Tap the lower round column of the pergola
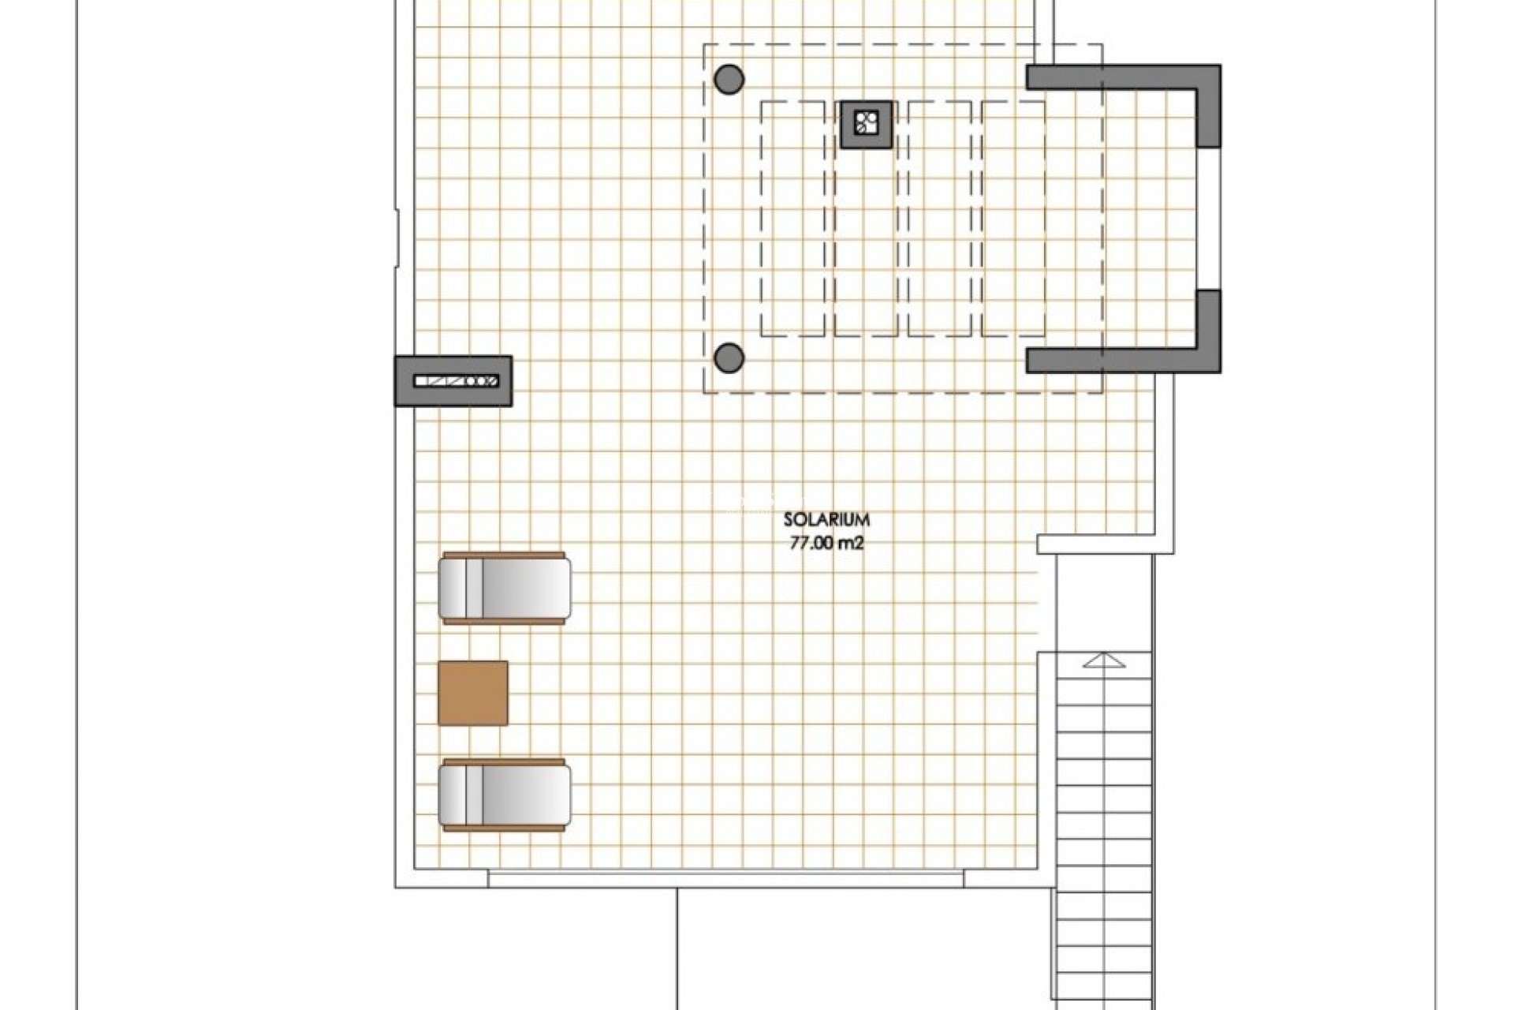click(729, 358)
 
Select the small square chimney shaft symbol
click(867, 124)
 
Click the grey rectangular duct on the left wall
click(453, 381)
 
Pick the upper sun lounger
click(505, 589)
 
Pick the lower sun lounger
click(505, 795)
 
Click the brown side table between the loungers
click(473, 692)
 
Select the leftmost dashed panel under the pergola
click(792, 219)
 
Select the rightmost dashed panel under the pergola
click(1014, 219)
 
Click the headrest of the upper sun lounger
click(453, 589)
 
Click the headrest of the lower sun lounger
click(453, 795)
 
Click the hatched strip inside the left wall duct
click(456, 381)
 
